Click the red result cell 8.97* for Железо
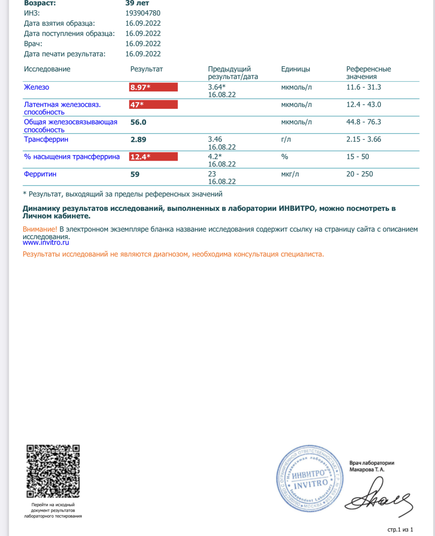tap(153, 87)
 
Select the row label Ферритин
tap(40, 174)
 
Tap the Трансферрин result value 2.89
tap(138, 140)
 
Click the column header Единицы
tap(296, 69)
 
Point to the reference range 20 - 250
tap(359, 174)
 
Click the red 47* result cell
tap(153, 105)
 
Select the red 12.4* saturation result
tap(153, 157)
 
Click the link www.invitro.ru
tap(46, 243)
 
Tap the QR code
tap(53, 471)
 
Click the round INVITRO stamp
tap(310, 478)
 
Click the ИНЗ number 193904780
tap(143, 13)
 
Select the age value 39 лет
tap(137, 3)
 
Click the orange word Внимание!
tap(40, 229)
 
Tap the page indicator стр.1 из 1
tap(400, 530)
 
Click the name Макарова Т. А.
tap(367, 470)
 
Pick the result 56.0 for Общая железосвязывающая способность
tap(138, 122)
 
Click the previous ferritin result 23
tap(212, 174)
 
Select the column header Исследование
tap(47, 69)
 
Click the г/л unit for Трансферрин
tap(286, 139)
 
